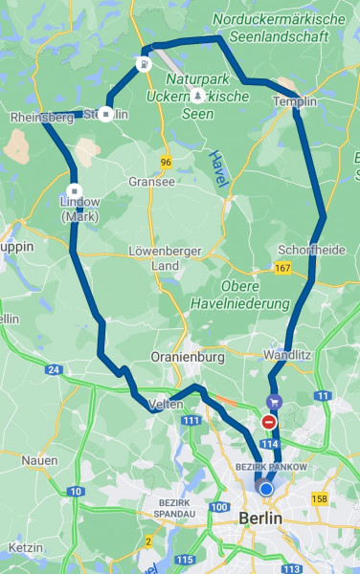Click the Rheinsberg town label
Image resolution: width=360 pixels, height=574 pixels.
[x=41, y=117]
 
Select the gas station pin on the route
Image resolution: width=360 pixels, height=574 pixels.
[x=142, y=65]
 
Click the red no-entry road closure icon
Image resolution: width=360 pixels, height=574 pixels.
[x=269, y=422]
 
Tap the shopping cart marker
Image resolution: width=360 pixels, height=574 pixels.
[x=274, y=404]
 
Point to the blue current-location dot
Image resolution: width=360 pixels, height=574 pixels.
[x=266, y=489]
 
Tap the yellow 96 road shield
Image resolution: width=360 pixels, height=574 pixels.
[x=167, y=163]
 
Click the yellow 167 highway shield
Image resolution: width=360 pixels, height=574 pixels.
[x=281, y=269]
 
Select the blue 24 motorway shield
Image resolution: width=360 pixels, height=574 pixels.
[x=54, y=369]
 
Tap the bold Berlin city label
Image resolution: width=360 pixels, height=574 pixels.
[x=260, y=518]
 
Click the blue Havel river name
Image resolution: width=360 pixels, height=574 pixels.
[x=215, y=166]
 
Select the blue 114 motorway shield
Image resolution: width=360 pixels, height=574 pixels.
[x=269, y=445]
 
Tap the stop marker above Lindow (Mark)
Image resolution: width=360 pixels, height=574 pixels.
[x=74, y=189]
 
